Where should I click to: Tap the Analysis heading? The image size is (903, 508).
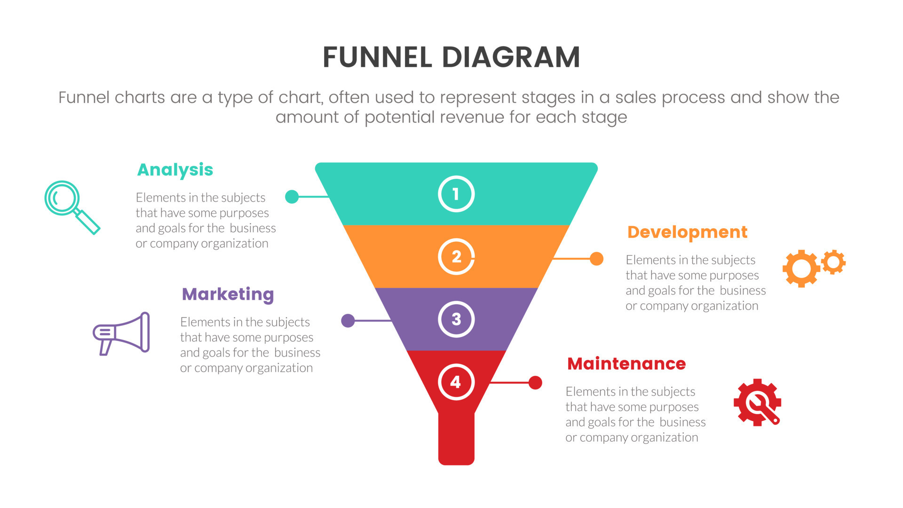click(x=175, y=170)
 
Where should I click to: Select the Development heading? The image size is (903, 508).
click(x=687, y=232)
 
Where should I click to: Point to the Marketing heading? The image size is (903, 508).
click(x=228, y=294)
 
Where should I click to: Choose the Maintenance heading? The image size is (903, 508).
click(x=626, y=364)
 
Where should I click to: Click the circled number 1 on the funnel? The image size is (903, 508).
click(x=456, y=194)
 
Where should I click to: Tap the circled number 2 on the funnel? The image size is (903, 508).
click(x=456, y=257)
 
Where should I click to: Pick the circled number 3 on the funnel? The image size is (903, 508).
click(x=456, y=319)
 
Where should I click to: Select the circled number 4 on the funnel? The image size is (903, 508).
click(x=456, y=382)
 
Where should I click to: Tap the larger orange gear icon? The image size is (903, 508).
click(x=801, y=269)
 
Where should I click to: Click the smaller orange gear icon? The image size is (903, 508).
click(x=834, y=262)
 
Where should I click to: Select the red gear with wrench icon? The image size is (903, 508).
click(x=757, y=403)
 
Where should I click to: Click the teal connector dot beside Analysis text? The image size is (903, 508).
click(x=292, y=197)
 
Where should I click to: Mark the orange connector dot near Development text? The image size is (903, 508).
click(x=596, y=259)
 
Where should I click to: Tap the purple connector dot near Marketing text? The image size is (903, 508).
click(x=348, y=321)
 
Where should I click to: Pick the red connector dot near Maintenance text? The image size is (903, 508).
click(x=535, y=383)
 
